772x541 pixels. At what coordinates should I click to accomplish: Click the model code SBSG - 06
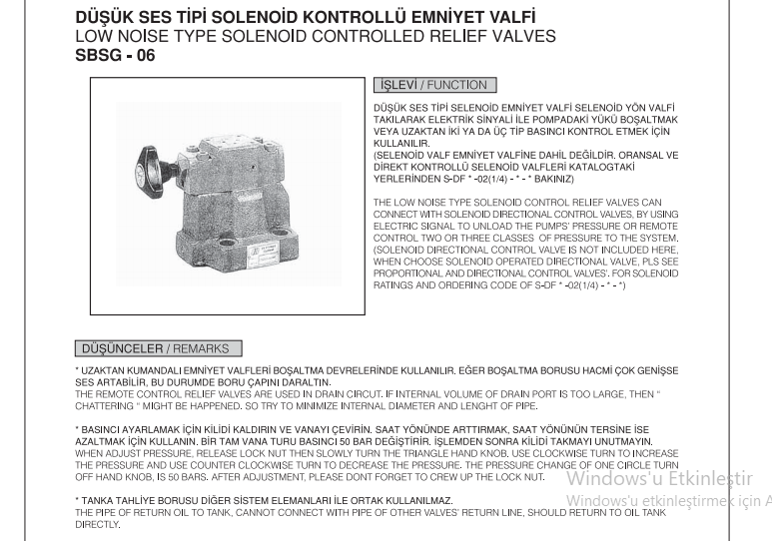tap(116, 56)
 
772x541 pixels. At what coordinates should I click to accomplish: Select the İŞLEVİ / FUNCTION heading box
tap(434, 86)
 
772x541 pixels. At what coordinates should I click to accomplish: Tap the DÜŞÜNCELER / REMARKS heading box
tap(157, 349)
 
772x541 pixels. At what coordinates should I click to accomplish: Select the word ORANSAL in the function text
tap(593, 155)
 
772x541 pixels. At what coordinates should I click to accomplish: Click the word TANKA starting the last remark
tap(99, 500)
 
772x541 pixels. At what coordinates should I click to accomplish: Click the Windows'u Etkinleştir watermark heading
tap(659, 478)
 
